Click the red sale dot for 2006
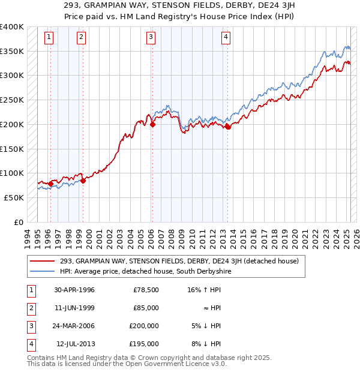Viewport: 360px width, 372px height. (x=152, y=125)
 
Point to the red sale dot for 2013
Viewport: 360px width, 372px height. (x=228, y=127)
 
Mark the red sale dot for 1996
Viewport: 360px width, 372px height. (x=50, y=184)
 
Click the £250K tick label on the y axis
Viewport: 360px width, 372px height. (x=12, y=100)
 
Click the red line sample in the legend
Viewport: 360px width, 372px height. (x=42, y=261)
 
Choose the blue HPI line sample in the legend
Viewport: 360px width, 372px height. (x=42, y=271)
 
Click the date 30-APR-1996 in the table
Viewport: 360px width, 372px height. (x=74, y=290)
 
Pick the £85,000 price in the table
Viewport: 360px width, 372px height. (x=146, y=308)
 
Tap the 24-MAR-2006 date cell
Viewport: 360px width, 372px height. (x=74, y=326)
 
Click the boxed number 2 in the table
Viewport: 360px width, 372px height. (x=29, y=308)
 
